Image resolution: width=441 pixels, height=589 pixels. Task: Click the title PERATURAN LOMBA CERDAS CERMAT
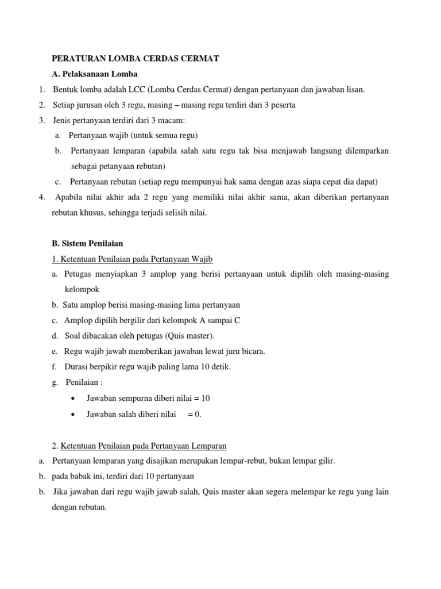point(136,58)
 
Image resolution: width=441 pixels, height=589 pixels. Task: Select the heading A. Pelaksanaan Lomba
point(95,74)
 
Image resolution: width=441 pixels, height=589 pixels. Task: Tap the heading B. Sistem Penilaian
point(87,243)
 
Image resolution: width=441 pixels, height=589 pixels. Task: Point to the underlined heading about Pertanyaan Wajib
point(133,259)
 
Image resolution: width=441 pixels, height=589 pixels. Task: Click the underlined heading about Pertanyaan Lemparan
point(140,445)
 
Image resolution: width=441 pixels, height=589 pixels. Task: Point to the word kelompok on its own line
point(82,289)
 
